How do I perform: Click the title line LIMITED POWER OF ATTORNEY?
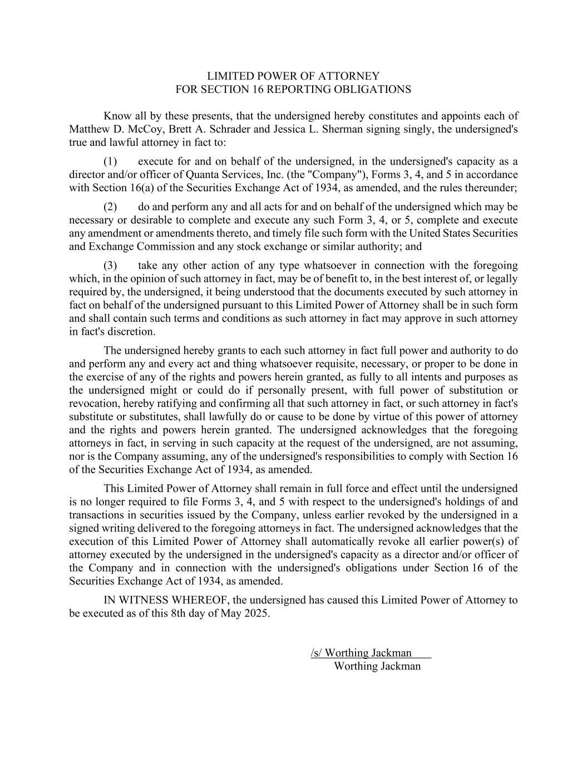[x=293, y=76]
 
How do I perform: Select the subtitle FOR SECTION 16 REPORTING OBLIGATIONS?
[x=293, y=90]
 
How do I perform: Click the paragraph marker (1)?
[x=110, y=162]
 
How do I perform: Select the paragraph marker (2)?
[x=110, y=207]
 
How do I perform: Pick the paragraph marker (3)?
[x=110, y=266]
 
